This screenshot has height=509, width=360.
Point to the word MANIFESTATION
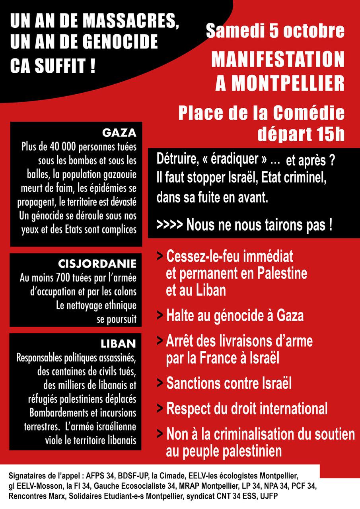click(x=278, y=60)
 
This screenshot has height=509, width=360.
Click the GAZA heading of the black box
click(x=119, y=132)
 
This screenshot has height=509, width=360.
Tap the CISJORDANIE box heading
click(x=97, y=263)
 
